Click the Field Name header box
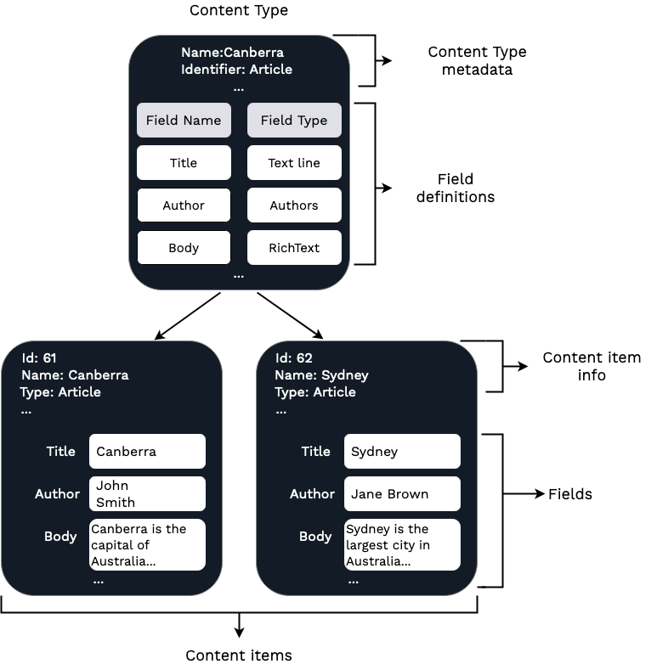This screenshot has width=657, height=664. click(184, 121)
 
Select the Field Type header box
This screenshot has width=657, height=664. click(294, 121)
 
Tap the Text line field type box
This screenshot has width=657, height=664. click(294, 163)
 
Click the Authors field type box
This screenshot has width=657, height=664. click(294, 205)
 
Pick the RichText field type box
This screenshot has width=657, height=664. click(294, 248)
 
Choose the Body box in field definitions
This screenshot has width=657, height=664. click(184, 248)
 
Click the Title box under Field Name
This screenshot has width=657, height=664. click(184, 163)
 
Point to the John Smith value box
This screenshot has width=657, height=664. click(147, 494)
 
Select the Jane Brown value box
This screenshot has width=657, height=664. click(402, 494)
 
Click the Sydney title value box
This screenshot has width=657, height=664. click(402, 452)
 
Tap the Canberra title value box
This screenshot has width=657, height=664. click(147, 452)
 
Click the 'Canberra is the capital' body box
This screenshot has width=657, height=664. click(147, 545)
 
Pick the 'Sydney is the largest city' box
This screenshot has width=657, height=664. click(402, 545)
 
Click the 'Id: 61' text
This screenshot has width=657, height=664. click(39, 358)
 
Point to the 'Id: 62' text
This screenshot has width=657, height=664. click(294, 358)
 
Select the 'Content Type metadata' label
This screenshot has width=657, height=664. click(477, 61)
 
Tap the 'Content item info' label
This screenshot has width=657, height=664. click(592, 367)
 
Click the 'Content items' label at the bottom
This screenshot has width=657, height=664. click(239, 655)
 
